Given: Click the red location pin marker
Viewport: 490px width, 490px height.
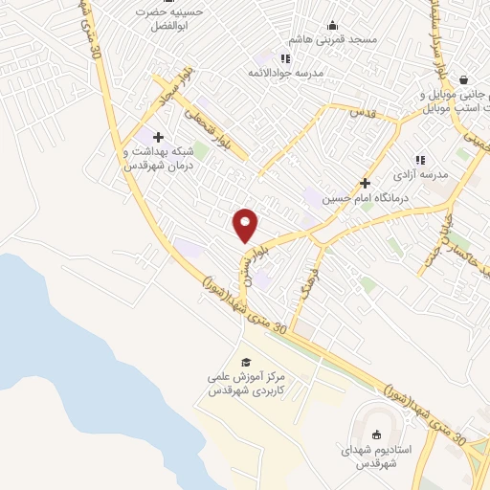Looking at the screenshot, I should pos(246,224).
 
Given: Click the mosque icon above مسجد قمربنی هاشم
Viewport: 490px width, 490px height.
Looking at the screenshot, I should pos(332,25).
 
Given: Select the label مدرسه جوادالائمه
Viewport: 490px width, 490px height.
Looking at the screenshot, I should pos(287,73).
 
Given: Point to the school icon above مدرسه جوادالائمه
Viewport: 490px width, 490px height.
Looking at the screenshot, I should pos(285,58).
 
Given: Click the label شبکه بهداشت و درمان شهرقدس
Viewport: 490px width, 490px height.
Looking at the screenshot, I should pos(159,158).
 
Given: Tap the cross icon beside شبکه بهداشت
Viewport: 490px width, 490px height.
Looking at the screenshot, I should pos(158,138).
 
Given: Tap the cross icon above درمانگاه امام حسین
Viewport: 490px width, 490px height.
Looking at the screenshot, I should pos(364,182).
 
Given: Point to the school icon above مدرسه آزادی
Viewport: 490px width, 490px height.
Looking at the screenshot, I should pos(418,160).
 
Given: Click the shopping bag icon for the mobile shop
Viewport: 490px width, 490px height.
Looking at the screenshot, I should pos(464,80).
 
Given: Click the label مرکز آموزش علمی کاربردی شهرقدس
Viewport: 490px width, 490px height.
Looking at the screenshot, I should pos(247,385).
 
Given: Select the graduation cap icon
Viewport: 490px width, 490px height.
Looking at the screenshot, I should pos(246,362).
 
